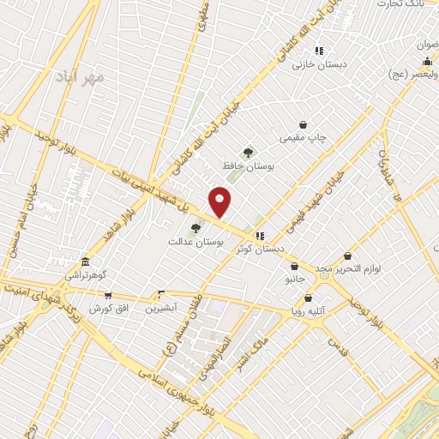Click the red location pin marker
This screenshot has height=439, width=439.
point(221,201)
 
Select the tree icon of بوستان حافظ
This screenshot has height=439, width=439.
point(249,153)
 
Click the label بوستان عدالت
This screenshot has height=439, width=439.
point(196,244)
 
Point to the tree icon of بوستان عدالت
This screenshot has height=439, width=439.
point(195,228)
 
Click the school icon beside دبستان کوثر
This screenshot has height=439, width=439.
point(260,236)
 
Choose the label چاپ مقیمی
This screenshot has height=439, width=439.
point(303,138)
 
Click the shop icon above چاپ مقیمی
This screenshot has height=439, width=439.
point(303,124)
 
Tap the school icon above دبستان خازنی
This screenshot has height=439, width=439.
point(319,51)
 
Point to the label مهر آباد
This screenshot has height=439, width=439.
point(83,78)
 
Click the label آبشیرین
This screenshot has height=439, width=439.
point(160,308)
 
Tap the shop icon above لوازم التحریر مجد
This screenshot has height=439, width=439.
point(347,255)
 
